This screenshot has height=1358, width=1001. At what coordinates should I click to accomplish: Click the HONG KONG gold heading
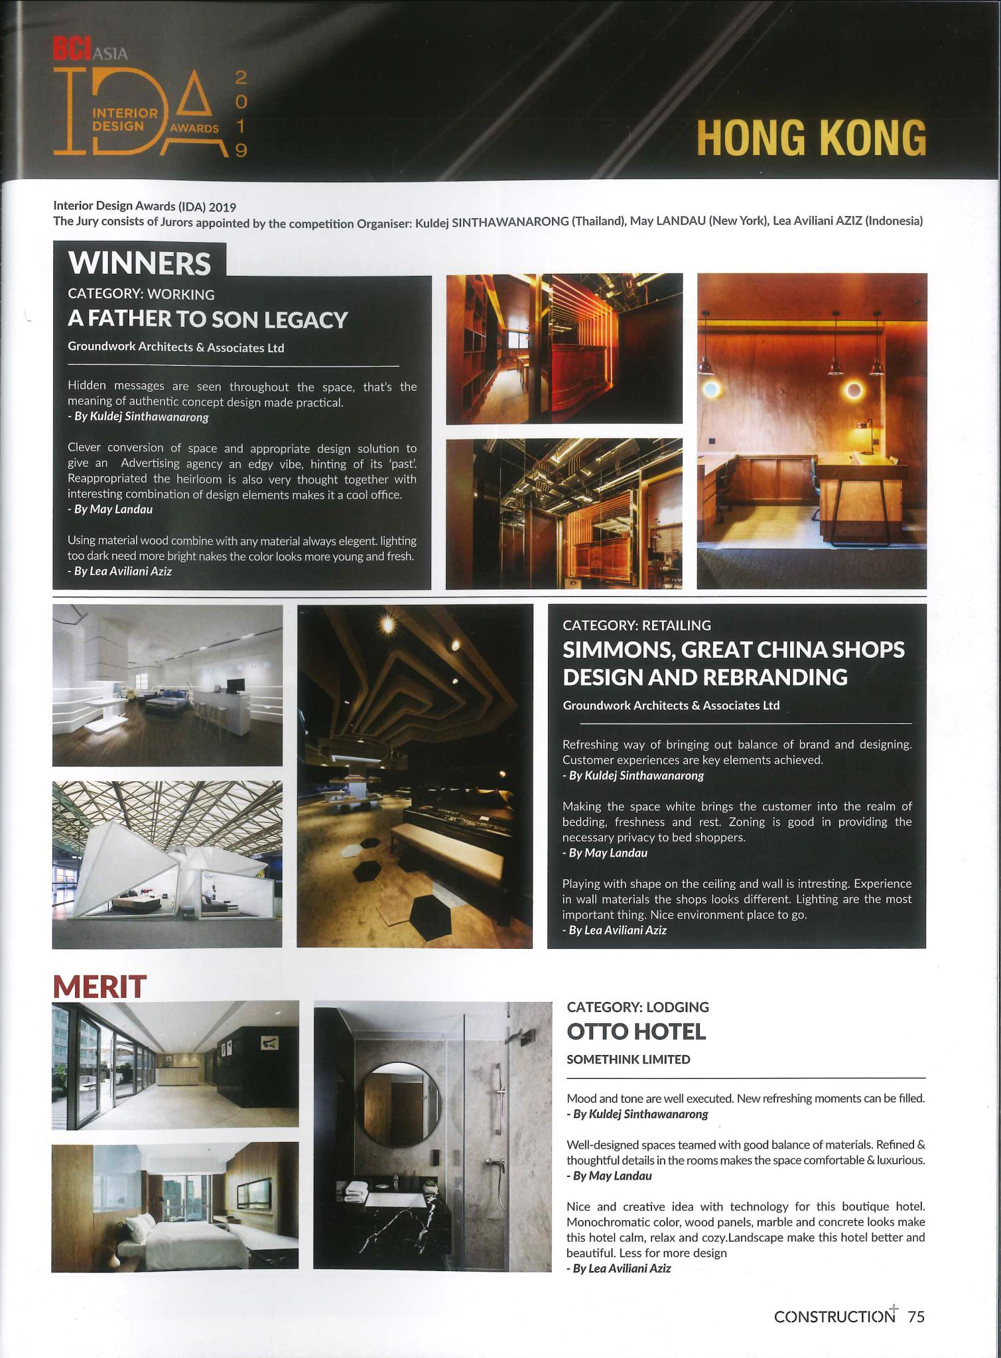pos(811,138)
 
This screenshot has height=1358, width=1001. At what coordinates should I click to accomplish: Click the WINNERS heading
pos(139,263)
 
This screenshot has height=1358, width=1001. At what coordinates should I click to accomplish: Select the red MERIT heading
pos(100,986)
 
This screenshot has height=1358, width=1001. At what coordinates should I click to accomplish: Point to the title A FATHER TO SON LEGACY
pos(208,320)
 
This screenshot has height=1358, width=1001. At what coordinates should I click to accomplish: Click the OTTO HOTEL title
pos(636,1031)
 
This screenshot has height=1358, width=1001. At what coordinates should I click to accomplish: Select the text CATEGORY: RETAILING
pos(636,625)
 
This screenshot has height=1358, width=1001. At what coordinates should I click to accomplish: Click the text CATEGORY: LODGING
pos(637,1007)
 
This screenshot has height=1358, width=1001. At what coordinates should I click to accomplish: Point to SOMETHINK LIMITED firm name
pos(628,1059)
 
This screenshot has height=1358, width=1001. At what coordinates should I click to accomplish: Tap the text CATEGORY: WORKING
pos(141,294)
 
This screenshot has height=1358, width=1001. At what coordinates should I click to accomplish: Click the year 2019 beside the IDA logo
pos(241,113)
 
